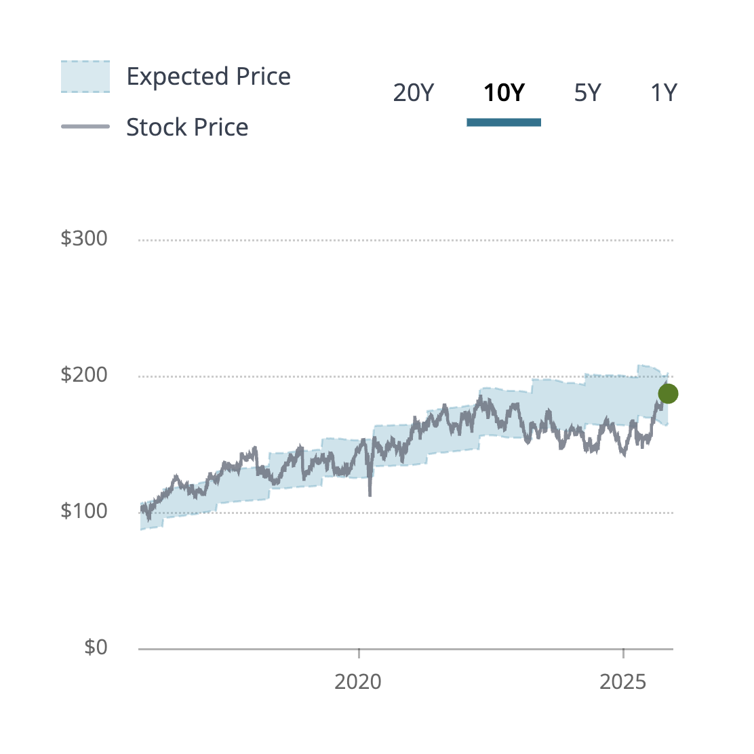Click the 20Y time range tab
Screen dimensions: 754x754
tap(413, 92)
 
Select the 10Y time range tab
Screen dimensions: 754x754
tap(504, 92)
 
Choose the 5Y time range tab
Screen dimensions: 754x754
tap(587, 92)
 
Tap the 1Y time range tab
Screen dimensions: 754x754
tap(664, 92)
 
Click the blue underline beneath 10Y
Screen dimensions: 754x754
tap(504, 122)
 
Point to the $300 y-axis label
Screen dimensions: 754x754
tap(84, 239)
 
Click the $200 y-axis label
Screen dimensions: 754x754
tap(84, 375)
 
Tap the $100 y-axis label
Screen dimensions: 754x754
tap(84, 511)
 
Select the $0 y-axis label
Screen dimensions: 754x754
tap(96, 648)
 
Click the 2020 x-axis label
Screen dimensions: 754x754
tap(358, 681)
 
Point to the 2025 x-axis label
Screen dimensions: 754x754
tap(622, 681)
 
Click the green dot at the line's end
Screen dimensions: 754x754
tap(668, 393)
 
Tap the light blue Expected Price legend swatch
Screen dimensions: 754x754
tap(85, 77)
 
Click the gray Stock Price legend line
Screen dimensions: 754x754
tap(85, 127)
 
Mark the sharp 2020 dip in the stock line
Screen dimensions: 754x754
tap(370, 493)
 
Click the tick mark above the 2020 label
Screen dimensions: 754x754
tap(359, 654)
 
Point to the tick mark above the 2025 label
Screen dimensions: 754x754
tap(622, 654)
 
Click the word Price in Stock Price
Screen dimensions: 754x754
tap(221, 127)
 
